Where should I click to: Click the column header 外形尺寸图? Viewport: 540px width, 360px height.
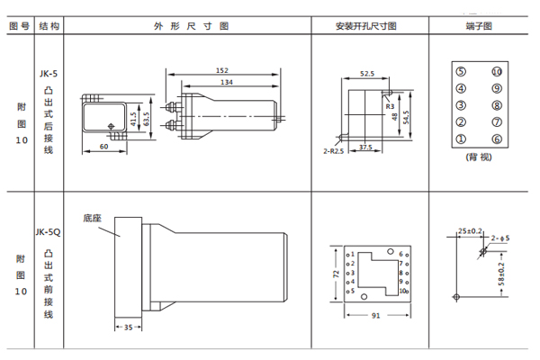click(185, 26)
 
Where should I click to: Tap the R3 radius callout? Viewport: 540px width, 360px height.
click(390, 106)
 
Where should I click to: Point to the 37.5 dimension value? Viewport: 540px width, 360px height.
click(366, 147)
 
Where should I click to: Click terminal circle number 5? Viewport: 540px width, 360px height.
click(461, 72)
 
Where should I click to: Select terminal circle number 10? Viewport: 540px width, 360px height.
click(496, 72)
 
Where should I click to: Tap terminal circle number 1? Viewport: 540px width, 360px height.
click(461, 139)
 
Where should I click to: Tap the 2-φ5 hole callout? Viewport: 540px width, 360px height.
click(500, 238)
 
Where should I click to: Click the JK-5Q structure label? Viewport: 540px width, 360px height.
click(48, 232)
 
